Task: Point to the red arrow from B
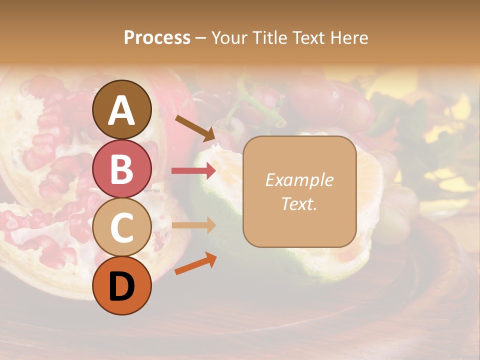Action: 193,171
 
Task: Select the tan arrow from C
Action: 193,225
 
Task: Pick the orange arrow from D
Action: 195,264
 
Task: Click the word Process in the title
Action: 157,37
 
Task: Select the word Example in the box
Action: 299,180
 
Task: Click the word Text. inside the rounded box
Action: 299,203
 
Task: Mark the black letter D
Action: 122,286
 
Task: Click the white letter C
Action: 122,227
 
